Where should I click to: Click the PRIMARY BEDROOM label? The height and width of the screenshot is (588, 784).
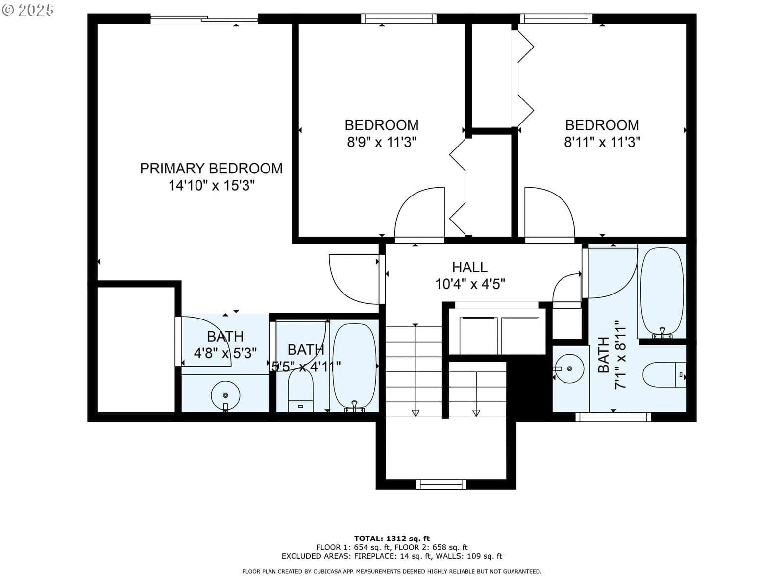(x=211, y=169)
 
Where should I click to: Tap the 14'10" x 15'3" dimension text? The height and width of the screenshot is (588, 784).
(x=212, y=186)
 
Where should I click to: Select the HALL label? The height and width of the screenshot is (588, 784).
(x=470, y=268)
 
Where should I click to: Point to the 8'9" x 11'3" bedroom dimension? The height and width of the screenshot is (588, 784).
(x=382, y=143)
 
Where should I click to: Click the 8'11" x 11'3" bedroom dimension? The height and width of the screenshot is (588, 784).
(x=602, y=143)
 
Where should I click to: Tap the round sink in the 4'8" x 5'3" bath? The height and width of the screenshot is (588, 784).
(x=225, y=395)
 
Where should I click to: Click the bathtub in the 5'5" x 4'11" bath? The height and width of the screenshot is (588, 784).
(x=354, y=367)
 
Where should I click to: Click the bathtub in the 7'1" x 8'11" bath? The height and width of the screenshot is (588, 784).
(x=662, y=293)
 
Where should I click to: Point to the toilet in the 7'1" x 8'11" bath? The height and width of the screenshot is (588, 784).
(x=664, y=375)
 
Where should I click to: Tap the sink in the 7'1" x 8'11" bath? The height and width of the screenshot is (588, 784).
(x=569, y=368)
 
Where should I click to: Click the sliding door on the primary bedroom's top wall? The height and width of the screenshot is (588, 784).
(x=204, y=19)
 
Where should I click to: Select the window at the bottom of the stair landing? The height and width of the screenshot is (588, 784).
(x=441, y=485)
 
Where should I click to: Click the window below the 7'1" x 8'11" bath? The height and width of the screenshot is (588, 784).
(x=613, y=417)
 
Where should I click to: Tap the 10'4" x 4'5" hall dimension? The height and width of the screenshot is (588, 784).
(x=470, y=285)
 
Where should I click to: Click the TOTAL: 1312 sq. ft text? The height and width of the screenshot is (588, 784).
(x=392, y=539)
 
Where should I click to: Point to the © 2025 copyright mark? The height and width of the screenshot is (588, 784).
(x=27, y=10)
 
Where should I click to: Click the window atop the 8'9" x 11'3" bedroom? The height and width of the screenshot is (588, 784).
(x=398, y=19)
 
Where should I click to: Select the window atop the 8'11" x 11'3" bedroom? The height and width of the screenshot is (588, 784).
(x=556, y=19)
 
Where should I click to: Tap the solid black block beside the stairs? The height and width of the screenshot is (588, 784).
(x=529, y=386)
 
